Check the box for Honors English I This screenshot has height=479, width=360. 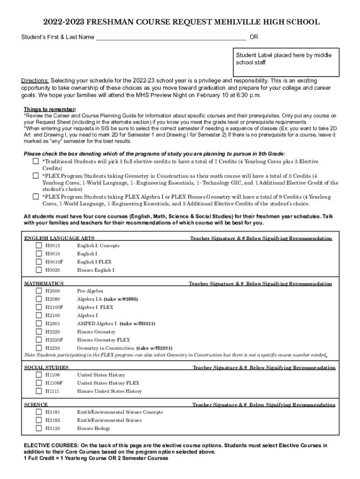point(39,270)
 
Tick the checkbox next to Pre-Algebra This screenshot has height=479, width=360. point(39,290)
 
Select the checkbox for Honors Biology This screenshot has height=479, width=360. point(39,428)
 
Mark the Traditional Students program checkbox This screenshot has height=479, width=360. point(36,161)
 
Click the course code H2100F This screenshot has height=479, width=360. point(54,307)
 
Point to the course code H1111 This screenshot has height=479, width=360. point(52,391)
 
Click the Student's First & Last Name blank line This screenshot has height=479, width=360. point(171,37)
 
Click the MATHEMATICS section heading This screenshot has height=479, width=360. point(44,283)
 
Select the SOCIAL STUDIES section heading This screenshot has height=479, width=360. point(46,368)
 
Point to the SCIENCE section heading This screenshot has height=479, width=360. point(36,405)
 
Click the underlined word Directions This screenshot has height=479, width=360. point(35,80)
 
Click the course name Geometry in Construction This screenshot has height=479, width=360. point(105,348)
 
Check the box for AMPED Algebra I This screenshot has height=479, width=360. point(39,323)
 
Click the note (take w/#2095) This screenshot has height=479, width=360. point(121,299)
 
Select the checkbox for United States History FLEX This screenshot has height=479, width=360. point(39,383)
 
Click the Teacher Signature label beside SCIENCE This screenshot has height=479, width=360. point(263,405)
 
